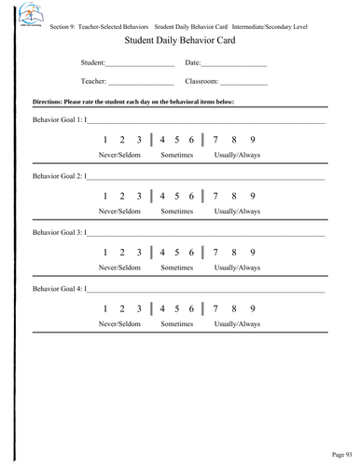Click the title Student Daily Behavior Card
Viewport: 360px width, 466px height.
point(179,43)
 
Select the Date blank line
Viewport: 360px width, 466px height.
point(234,64)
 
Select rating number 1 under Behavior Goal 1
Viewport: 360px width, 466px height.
point(107,140)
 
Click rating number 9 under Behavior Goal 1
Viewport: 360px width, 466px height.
point(253,140)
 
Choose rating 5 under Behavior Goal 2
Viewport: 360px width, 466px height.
point(176,196)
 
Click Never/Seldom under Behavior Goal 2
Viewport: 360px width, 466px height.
point(119,212)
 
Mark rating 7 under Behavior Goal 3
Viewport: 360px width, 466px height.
point(216,252)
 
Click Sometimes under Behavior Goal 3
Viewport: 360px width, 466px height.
point(176,267)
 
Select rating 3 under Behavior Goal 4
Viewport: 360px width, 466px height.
point(139,308)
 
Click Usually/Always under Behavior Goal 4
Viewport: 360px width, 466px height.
point(237,323)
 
